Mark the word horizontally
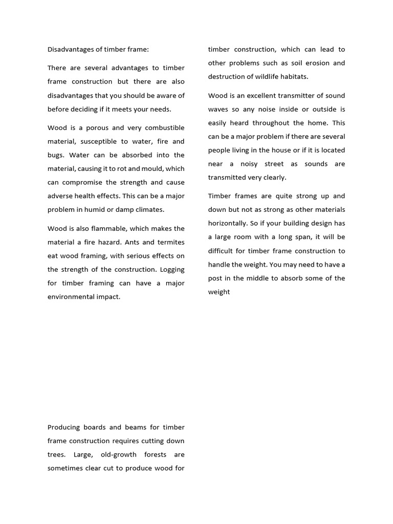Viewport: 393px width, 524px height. point(229,224)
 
